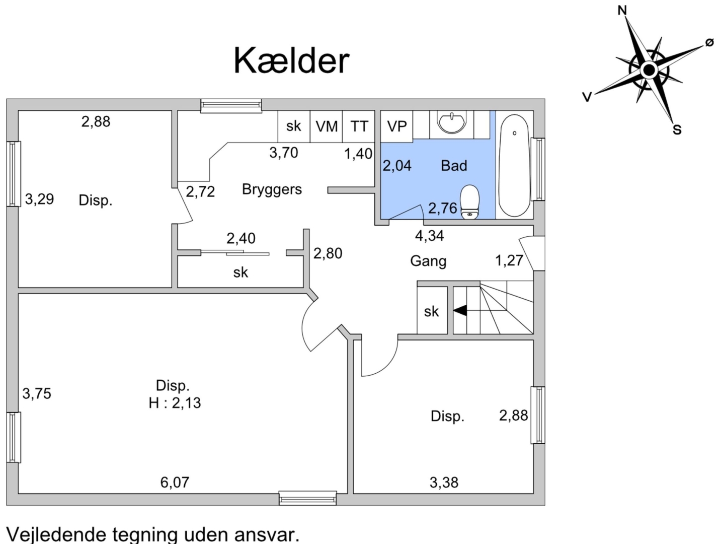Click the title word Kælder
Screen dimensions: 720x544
[x=291, y=61]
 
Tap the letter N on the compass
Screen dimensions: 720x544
[x=622, y=11]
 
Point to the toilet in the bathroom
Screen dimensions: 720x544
[x=470, y=201]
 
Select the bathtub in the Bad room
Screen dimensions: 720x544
[x=514, y=165]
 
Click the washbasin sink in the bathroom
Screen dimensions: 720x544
[x=452, y=122]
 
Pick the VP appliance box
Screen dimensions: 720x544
[x=396, y=126]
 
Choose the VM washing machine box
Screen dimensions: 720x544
[x=327, y=126]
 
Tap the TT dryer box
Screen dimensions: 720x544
[x=359, y=126]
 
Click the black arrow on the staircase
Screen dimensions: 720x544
[x=460, y=310]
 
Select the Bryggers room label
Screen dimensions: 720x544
[x=272, y=189]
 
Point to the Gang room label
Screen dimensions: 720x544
[x=428, y=261]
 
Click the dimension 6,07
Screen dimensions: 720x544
[x=175, y=482]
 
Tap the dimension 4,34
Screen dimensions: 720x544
[x=429, y=236]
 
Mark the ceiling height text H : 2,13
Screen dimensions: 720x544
[x=175, y=403]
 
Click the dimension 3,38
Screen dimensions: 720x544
[x=444, y=482]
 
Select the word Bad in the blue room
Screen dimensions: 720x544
[x=454, y=165]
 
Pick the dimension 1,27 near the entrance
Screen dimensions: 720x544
[x=509, y=260]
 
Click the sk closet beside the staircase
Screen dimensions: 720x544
[x=432, y=310]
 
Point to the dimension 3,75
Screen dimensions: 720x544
[x=37, y=393]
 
